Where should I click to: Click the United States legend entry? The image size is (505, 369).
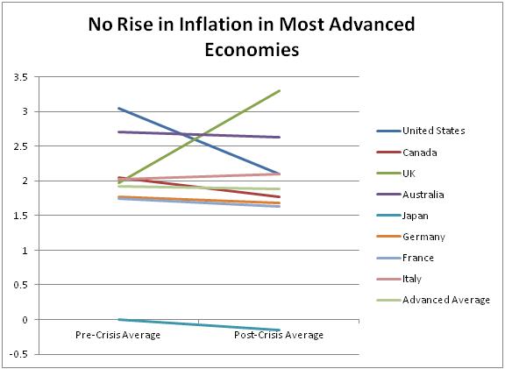pos(433,131)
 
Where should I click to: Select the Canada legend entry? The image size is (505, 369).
pos(419,152)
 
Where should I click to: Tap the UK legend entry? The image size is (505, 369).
pos(410,173)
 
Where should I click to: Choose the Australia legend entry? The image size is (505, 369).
pos(423,194)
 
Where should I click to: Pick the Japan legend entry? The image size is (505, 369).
pos(416,215)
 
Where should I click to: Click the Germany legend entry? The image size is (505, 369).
pos(423,237)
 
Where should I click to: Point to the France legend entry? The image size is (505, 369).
pos(417,258)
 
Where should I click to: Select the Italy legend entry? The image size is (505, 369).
pos(412,279)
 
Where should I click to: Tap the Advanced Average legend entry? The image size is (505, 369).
pos(446,300)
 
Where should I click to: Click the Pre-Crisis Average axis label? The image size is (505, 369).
pos(117,335)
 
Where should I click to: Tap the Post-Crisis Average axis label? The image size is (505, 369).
pos(280,335)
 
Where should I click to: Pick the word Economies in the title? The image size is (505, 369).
pos(252,50)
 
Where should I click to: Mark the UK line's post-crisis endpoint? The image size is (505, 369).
pos(280,90)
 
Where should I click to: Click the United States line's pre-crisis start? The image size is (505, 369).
pos(117,108)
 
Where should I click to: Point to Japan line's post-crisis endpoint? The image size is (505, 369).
pos(280,330)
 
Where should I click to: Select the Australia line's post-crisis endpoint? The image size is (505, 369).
pos(280,137)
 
